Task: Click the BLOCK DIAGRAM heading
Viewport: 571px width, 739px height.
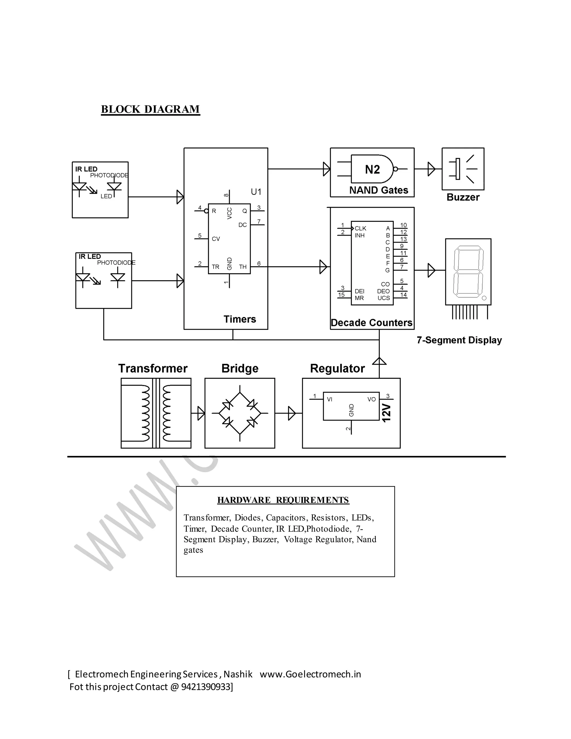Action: (x=150, y=109)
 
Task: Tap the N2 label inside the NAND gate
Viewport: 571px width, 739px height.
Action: (x=372, y=169)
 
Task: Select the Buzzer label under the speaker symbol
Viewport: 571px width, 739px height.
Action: (x=463, y=197)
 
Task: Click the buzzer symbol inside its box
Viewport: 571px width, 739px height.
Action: (x=463, y=169)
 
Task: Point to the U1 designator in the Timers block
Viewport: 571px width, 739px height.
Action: (x=256, y=192)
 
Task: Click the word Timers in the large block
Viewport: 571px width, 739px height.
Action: (x=239, y=319)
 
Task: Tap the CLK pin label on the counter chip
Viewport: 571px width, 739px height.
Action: (x=360, y=228)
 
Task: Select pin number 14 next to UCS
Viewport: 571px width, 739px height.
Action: (x=403, y=295)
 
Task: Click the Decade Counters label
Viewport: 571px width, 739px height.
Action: (x=371, y=323)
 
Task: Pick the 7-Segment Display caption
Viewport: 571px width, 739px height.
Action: (x=459, y=340)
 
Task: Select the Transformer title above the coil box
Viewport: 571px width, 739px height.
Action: (x=153, y=368)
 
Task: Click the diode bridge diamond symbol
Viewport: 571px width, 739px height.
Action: (x=239, y=413)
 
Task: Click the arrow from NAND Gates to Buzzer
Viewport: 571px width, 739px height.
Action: (x=431, y=169)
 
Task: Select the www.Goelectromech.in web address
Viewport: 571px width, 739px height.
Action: (x=310, y=674)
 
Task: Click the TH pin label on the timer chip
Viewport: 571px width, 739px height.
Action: (x=243, y=267)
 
